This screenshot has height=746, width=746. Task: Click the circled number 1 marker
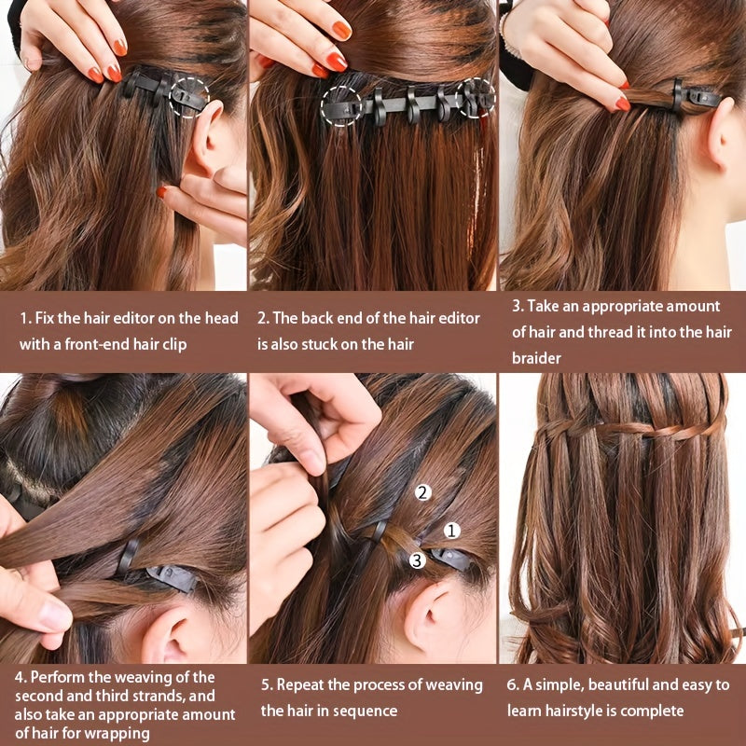coord(452,531)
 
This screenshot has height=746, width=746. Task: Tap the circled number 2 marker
coord(422,492)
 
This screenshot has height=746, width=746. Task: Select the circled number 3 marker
coord(418,560)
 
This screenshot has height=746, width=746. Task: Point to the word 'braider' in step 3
coord(536,357)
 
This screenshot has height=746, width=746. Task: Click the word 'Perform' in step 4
coord(60,677)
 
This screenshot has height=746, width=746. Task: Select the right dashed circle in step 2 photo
coord(476,98)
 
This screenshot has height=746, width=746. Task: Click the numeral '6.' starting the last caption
coord(513,684)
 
